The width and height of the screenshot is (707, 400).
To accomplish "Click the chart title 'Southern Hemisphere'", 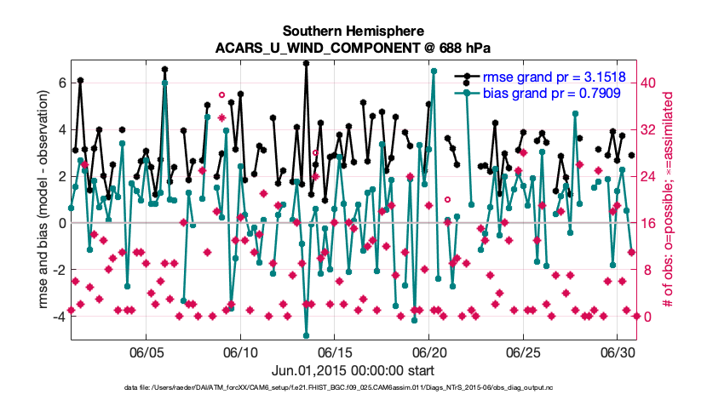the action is [x=353, y=31].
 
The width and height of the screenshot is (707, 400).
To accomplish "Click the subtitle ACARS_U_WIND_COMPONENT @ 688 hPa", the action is [x=353, y=48].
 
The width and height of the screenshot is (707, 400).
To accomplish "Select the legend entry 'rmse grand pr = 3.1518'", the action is [x=555, y=77].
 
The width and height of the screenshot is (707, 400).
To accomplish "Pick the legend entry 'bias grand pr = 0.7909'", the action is [x=551, y=94].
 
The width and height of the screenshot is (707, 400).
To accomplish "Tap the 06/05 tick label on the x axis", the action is [x=147, y=352].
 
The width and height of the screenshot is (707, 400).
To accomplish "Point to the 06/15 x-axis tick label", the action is [x=335, y=352].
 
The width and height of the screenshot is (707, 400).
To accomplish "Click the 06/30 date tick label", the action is [x=618, y=352].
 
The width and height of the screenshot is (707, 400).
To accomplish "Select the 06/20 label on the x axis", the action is [x=428, y=352].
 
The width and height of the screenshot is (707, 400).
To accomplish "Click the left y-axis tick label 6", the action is [x=62, y=83].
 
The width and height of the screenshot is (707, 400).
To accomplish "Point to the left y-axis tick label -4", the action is [x=60, y=317].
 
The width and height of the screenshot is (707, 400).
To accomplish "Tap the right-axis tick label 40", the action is [x=648, y=83].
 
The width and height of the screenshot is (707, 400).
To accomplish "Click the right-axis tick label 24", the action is [x=648, y=176].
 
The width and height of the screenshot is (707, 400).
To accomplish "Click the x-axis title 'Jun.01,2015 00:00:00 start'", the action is [x=353, y=371].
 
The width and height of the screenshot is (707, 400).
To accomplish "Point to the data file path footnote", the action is [x=338, y=387].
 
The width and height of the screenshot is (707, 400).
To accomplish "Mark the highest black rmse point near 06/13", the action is [x=306, y=64].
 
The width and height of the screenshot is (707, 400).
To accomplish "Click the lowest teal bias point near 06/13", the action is [x=306, y=336].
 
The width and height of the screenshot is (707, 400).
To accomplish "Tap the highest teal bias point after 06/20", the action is [x=434, y=71].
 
